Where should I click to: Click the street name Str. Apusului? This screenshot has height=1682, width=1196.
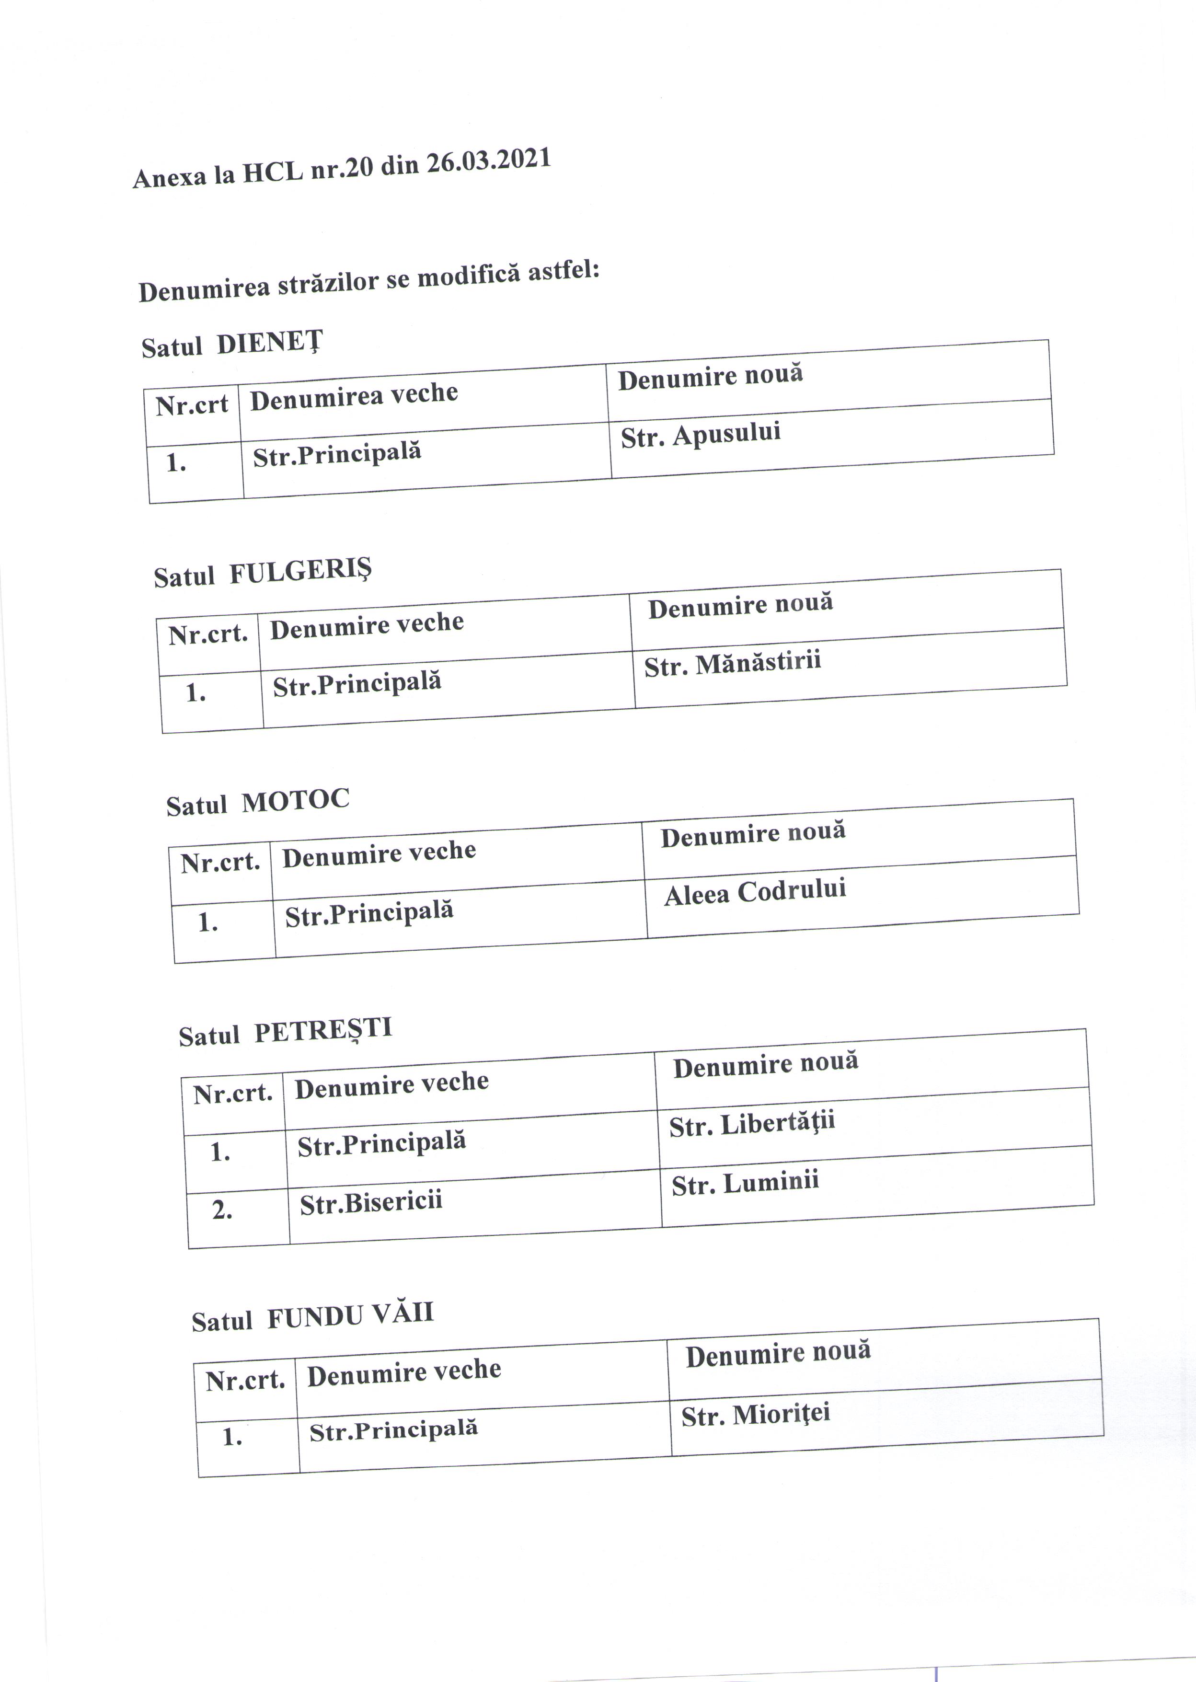tap(701, 435)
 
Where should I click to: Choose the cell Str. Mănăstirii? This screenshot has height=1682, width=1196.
tap(732, 664)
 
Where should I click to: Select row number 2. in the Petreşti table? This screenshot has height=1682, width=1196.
tap(222, 1210)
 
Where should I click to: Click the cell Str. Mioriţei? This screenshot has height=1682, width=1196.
tap(756, 1414)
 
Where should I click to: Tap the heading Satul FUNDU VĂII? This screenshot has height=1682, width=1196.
tap(312, 1317)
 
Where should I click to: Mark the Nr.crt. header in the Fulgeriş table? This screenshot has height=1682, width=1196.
tap(207, 634)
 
